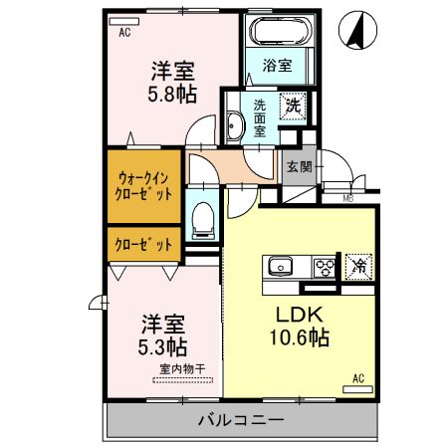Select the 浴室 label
coord(277,68)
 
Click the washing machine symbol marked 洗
coord(293,104)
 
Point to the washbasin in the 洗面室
coord(235,126)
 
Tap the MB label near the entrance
coord(348,198)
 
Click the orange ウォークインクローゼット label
coord(143,185)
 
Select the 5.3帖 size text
coord(163,347)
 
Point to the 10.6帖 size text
coord(299,338)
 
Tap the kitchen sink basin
coord(278,266)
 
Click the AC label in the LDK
coord(358,378)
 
